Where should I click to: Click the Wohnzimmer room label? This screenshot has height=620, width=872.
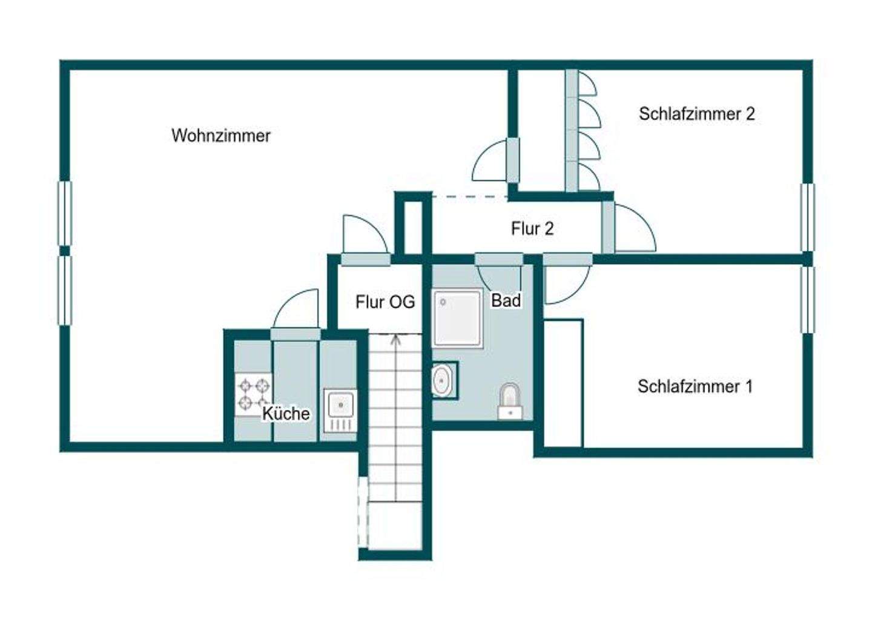click(x=221, y=135)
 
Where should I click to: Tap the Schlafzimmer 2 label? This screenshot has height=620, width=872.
click(x=696, y=114)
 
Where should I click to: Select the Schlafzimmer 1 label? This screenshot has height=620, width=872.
click(x=695, y=386)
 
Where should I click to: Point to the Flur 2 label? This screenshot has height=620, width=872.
click(x=532, y=229)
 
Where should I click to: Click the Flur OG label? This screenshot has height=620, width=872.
click(x=385, y=302)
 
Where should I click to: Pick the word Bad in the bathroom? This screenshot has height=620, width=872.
click(x=506, y=300)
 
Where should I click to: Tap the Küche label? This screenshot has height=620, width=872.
click(x=286, y=414)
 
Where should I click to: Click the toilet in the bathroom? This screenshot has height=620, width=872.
click(x=510, y=400)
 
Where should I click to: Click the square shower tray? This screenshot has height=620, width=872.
click(x=458, y=318)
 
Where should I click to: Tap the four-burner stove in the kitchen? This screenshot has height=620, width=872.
click(x=253, y=394)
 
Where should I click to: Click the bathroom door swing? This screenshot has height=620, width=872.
click(x=500, y=279)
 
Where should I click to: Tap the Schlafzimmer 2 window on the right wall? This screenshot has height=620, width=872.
click(x=807, y=217)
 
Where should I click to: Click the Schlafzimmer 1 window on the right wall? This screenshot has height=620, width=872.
click(x=807, y=299)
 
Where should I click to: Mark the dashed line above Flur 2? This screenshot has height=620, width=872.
click(x=469, y=197)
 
